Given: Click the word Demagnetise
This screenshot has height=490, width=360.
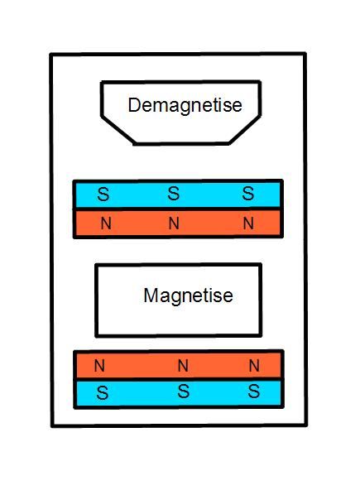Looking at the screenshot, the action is tap(185, 106).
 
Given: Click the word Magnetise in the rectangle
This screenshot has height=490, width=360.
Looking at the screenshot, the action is tap(188, 295).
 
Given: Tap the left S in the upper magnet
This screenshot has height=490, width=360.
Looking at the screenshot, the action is tap(103, 194).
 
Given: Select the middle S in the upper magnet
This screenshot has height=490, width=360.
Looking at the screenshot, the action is tap(174, 193).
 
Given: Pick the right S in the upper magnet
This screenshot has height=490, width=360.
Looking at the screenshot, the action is tap(247, 193).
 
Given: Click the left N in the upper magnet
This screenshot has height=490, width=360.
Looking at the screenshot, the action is tap(106, 223).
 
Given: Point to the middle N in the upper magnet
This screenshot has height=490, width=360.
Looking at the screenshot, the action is tap(174, 223).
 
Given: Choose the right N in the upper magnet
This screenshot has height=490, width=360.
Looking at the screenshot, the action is tap(248, 223).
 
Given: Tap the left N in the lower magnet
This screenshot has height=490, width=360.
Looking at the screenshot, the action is tap(99, 365).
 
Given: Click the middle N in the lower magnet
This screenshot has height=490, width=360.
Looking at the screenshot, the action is tap(183, 365).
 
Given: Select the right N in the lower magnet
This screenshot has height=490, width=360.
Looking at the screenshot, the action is tap(254, 365).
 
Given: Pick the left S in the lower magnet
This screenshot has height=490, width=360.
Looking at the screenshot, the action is tap(102, 393).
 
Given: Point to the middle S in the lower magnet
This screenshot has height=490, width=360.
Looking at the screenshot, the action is tap(184, 392).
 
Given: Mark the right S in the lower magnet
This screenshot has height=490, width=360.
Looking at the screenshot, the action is tap(254, 392).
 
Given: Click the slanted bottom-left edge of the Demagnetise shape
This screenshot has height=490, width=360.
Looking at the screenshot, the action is tap(118, 130).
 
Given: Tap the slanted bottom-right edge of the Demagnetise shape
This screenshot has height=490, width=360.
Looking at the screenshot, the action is tap(244, 130).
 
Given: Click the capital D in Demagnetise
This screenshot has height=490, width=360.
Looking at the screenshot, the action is tap(134, 105).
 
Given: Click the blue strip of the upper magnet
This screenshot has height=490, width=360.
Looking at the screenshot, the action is tap(178, 194).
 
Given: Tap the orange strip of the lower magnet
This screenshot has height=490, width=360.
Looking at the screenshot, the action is tap(179, 365).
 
